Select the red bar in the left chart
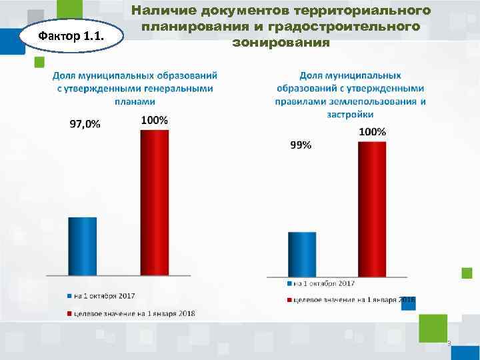tap(154, 202)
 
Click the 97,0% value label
tap(85, 125)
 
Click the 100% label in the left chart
tap(154, 120)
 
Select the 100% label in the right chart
tap(372, 132)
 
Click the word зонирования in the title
tap(280, 43)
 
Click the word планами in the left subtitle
tap(135, 101)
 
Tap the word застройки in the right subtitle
tap(350, 114)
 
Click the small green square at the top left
tap(39, 62)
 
